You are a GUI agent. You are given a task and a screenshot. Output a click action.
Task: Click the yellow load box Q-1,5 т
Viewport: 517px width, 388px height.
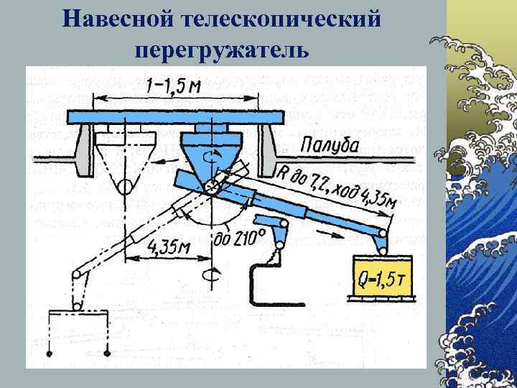(x=381, y=279)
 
